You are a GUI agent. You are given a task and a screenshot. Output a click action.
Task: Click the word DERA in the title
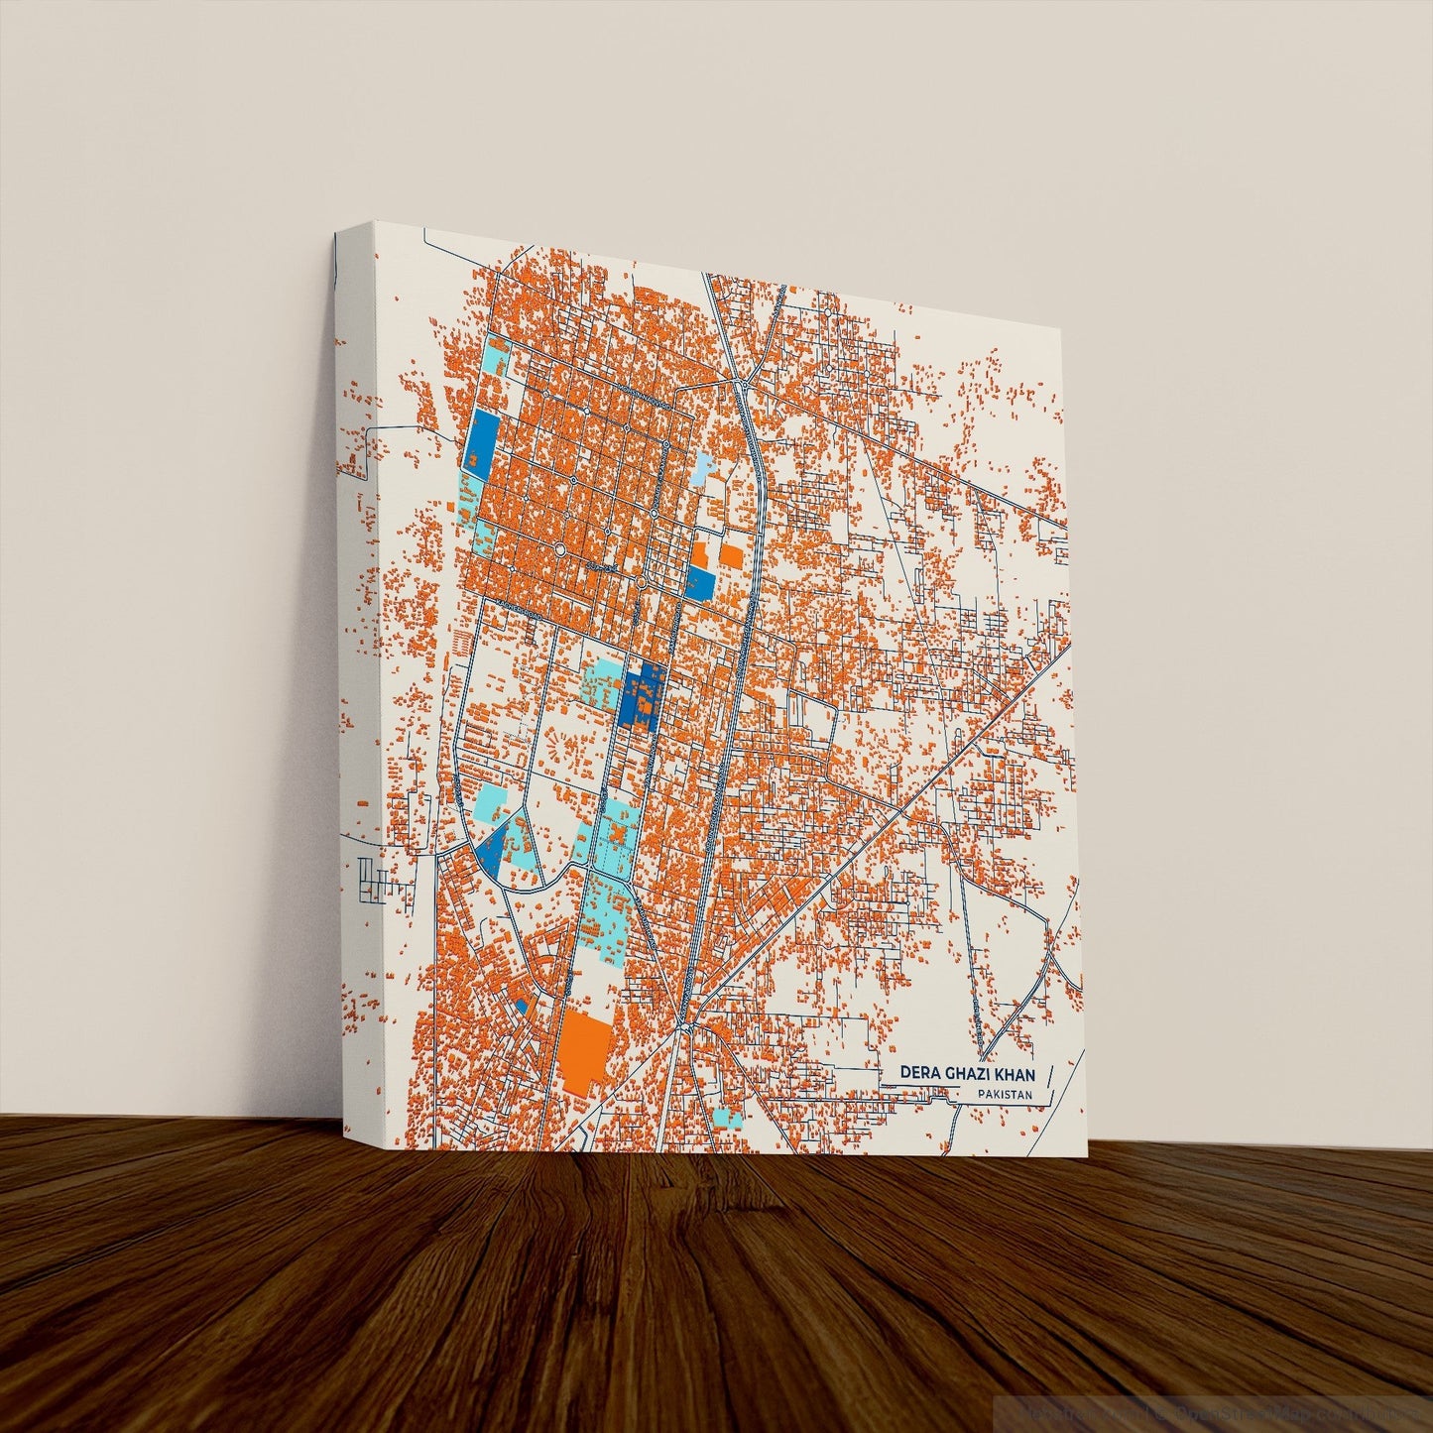(919, 1074)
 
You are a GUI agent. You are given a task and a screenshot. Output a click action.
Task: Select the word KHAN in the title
(1016, 1074)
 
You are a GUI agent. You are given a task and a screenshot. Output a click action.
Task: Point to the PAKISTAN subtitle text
(1004, 1095)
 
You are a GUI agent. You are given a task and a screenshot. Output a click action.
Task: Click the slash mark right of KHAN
(1048, 1075)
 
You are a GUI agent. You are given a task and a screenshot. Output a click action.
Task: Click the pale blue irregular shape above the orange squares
(702, 467)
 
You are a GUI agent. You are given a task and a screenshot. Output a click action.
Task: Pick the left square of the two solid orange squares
(700, 553)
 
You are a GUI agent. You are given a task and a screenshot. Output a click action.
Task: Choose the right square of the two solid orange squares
(731, 555)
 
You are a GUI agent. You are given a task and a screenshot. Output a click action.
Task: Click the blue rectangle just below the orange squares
(699, 584)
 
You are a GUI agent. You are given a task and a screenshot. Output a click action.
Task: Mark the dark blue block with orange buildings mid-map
(641, 695)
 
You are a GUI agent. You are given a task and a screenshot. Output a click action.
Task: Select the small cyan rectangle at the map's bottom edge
(727, 1118)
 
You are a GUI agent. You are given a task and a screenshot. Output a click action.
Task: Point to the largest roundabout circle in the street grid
(558, 548)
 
